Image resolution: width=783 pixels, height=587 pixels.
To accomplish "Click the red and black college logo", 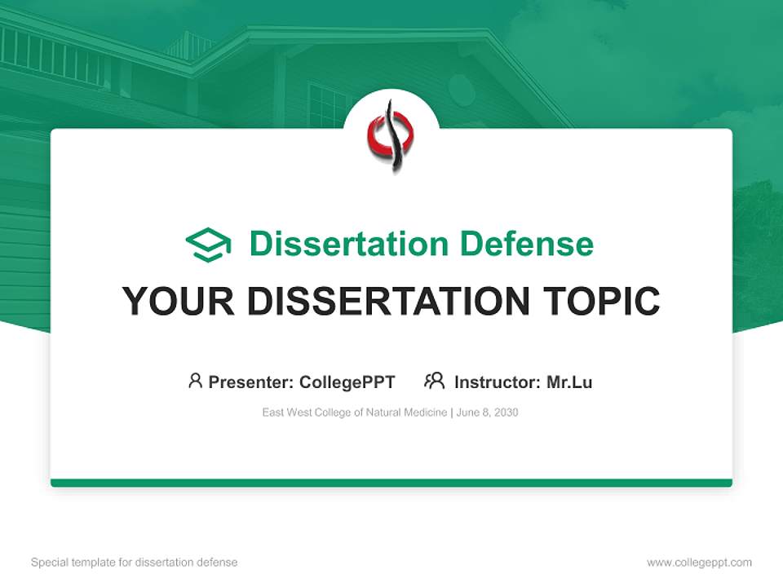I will coord(391,135).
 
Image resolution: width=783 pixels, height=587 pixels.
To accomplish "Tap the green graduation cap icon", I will coord(208,245).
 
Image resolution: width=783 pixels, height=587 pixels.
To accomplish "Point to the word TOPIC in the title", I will coord(602,302).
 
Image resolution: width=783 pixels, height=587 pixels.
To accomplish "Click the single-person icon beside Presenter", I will coord(195,381).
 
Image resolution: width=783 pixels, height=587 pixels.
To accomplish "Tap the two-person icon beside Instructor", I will coord(434,381).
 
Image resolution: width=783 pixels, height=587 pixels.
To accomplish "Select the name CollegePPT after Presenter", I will coord(347,382).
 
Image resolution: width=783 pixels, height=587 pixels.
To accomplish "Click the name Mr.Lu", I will coord(569,382).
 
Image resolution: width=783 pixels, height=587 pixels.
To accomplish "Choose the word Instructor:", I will coord(498,382).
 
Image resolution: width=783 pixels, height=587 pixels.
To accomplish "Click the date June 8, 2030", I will coord(488,413).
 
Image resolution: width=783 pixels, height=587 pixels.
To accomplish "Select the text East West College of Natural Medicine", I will coord(354,413).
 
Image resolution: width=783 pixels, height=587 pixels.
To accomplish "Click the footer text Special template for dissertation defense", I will coord(134,563).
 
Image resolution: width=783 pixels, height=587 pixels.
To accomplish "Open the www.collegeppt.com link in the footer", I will coord(699,563).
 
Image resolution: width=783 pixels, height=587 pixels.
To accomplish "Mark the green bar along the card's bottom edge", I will coord(391,483).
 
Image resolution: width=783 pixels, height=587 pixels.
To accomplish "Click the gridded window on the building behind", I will coord(327,106).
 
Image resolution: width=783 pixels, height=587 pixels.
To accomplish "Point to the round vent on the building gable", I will coord(462,90).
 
